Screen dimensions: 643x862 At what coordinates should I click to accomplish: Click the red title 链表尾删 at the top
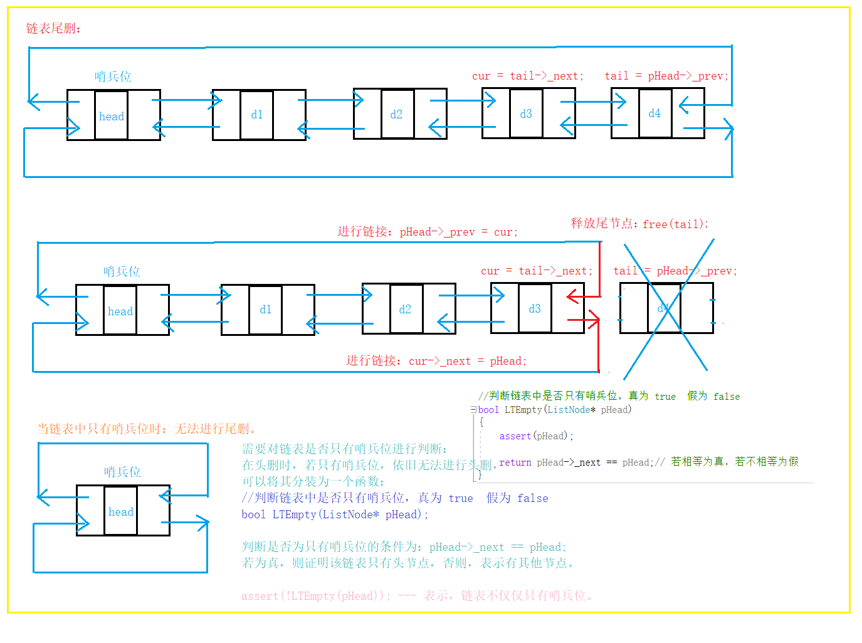point(53,29)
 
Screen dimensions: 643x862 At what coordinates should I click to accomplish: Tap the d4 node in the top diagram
point(654,113)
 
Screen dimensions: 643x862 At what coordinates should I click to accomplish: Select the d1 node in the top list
point(256,115)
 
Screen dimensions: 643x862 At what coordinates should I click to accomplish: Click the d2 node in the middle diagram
point(405,310)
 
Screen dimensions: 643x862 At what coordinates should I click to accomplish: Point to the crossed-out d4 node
point(665,308)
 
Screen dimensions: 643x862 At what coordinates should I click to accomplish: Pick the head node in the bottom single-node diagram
point(121,512)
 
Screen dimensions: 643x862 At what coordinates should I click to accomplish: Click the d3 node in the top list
point(526,114)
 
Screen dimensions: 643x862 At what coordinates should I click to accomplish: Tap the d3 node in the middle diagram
point(535,309)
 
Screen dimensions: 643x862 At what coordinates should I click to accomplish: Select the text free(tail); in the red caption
point(675,224)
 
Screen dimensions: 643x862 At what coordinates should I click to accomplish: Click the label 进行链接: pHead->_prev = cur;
point(428,232)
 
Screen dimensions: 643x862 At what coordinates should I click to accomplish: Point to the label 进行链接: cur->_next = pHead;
point(436,361)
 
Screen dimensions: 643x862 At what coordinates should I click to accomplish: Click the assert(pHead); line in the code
point(536,436)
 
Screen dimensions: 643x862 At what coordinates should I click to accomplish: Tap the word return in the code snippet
point(515,463)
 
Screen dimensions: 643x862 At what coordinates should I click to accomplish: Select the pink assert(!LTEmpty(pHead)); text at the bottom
point(316,596)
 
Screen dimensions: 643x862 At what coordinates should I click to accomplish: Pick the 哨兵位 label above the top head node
point(113,76)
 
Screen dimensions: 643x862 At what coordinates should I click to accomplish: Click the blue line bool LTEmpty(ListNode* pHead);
point(335,515)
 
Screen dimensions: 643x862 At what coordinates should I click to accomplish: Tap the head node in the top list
point(112,117)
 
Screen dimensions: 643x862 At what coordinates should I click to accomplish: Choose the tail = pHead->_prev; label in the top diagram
point(666,76)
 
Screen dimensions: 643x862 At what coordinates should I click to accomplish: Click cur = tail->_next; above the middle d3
point(536,271)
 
